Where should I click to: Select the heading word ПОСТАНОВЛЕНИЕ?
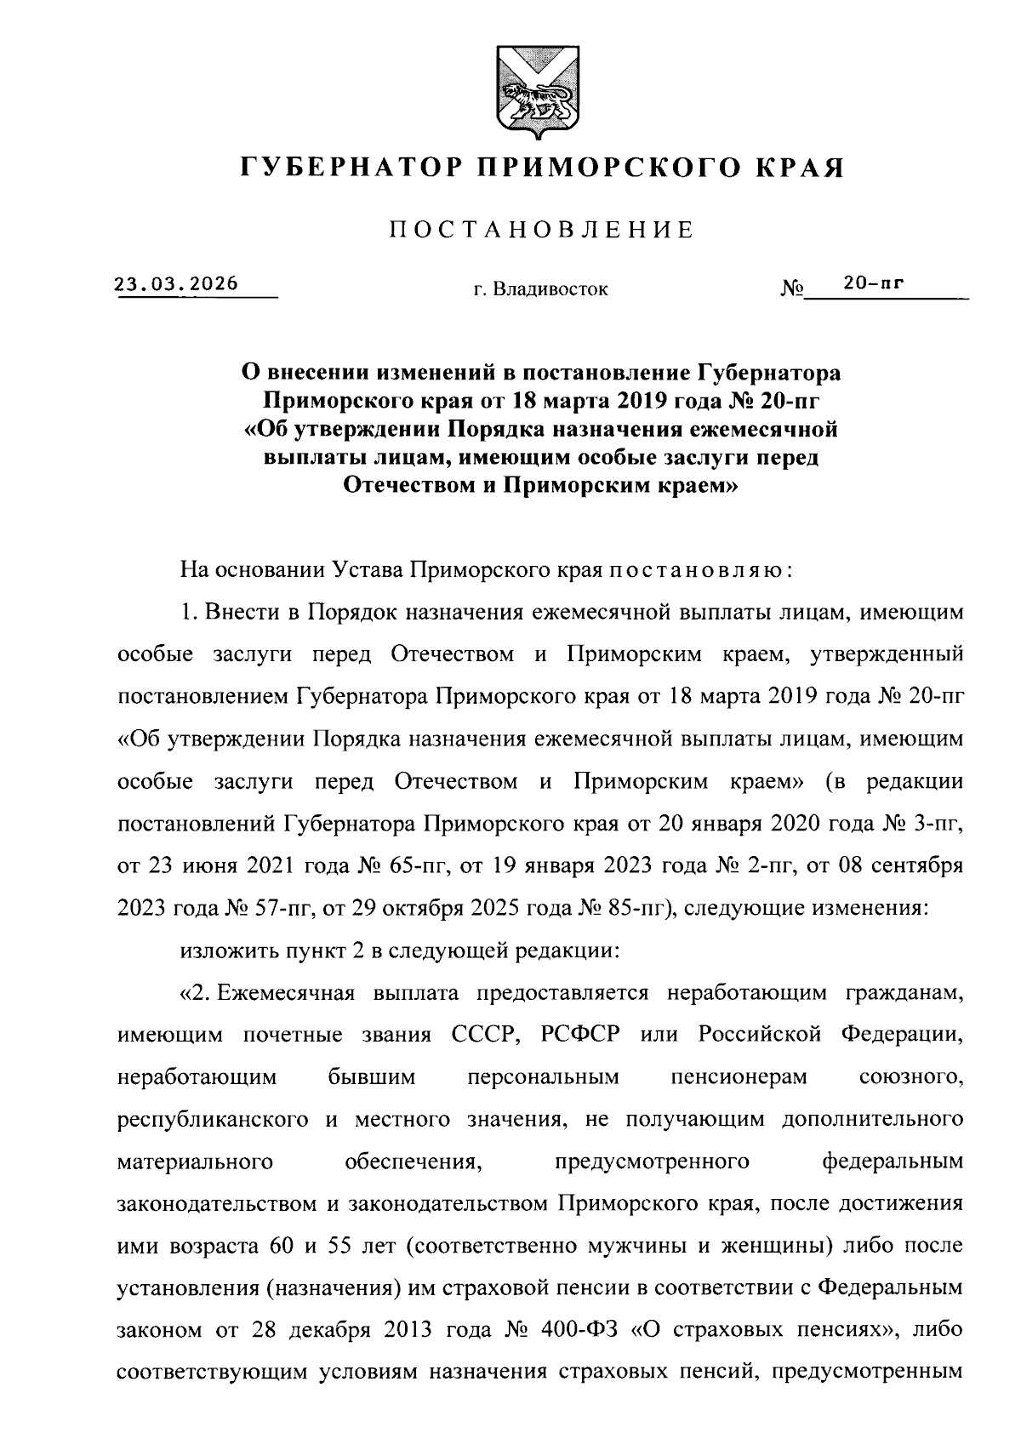(x=542, y=230)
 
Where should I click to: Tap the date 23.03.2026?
(x=177, y=284)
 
